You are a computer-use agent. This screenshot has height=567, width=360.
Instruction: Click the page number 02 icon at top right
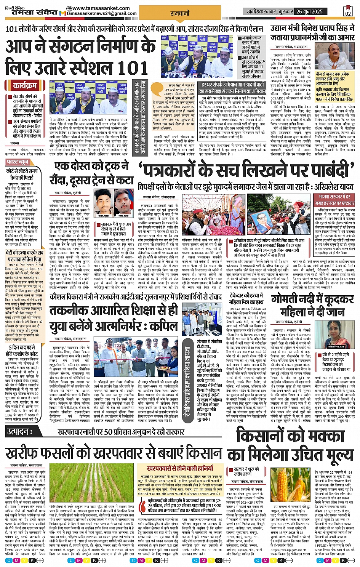coord(347,11)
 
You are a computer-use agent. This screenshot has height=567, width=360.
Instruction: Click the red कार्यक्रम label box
coord(25,85)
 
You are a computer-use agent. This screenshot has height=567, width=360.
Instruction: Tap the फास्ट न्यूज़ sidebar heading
coord(18,162)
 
